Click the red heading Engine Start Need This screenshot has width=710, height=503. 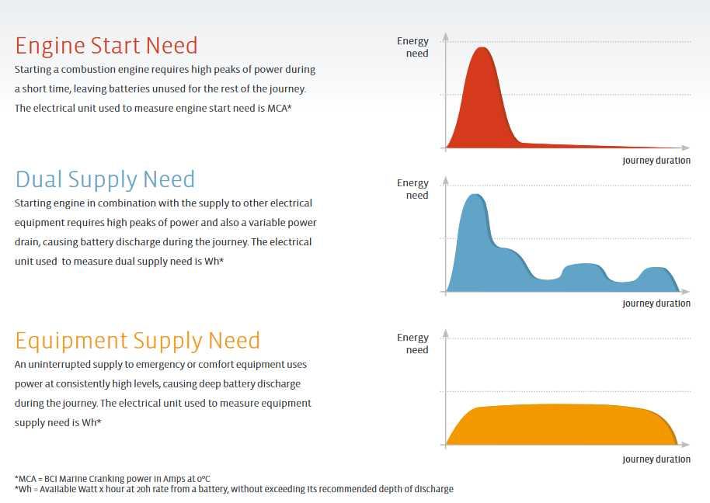click(x=106, y=46)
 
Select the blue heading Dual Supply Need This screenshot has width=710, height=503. click(x=105, y=179)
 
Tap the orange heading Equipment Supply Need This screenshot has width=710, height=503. click(x=137, y=342)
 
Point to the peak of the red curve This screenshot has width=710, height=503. click(x=482, y=47)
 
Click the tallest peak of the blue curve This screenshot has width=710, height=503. click(x=475, y=195)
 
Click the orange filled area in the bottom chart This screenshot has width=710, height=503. click(x=562, y=425)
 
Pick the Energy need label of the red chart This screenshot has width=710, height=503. click(x=412, y=47)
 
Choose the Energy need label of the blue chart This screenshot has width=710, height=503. click(x=412, y=189)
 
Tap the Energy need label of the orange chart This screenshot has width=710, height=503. click(x=412, y=344)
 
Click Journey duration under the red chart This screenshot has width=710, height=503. click(x=656, y=161)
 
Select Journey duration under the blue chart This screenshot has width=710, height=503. click(x=656, y=304)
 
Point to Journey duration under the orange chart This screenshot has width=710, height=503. click(x=656, y=460)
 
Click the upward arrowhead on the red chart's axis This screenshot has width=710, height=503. click(x=446, y=37)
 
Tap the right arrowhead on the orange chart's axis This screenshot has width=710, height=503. click(x=686, y=445)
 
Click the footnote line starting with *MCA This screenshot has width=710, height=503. click(x=113, y=479)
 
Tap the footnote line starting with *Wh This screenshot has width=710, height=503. click(x=234, y=489)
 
